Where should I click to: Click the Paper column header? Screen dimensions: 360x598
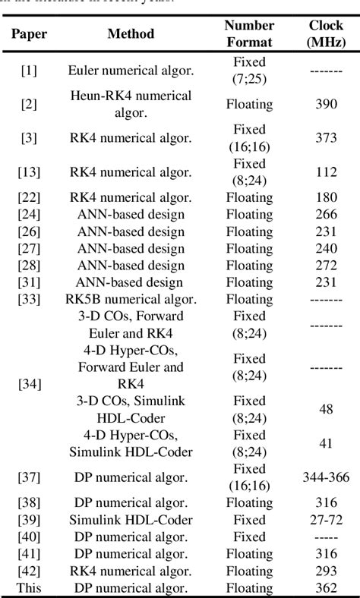point(29,33)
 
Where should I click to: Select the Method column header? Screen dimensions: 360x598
point(131,33)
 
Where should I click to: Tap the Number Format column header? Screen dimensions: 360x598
point(249,33)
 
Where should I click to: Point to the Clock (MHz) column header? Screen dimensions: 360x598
point(326,33)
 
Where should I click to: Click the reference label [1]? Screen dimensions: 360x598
point(29,71)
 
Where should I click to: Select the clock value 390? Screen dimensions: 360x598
point(327,104)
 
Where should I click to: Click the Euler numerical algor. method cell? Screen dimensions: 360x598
point(131,71)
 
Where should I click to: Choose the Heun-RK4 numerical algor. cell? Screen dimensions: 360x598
point(131,104)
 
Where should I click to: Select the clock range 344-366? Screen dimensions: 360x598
point(327,477)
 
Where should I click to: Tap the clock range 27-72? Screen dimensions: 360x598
point(327,520)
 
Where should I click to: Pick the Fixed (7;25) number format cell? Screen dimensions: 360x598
point(249,71)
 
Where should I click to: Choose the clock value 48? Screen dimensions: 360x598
point(327,410)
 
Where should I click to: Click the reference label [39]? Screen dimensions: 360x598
point(29,520)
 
